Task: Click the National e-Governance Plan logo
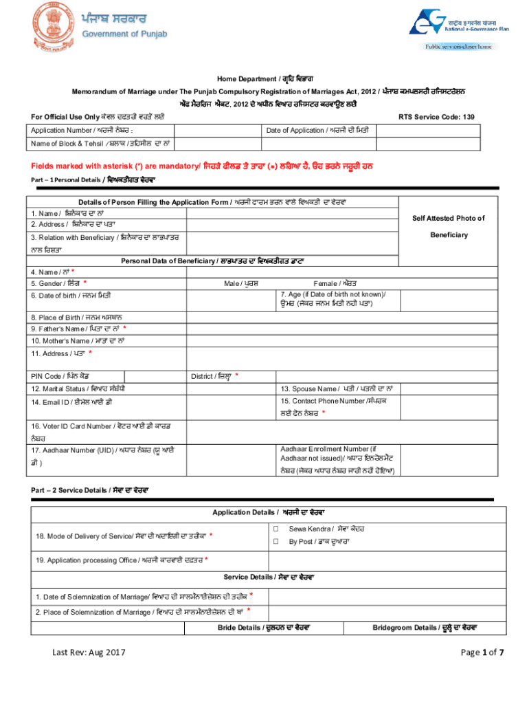pos(454,27)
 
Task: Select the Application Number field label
pos(76,131)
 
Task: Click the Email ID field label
pos(67,402)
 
